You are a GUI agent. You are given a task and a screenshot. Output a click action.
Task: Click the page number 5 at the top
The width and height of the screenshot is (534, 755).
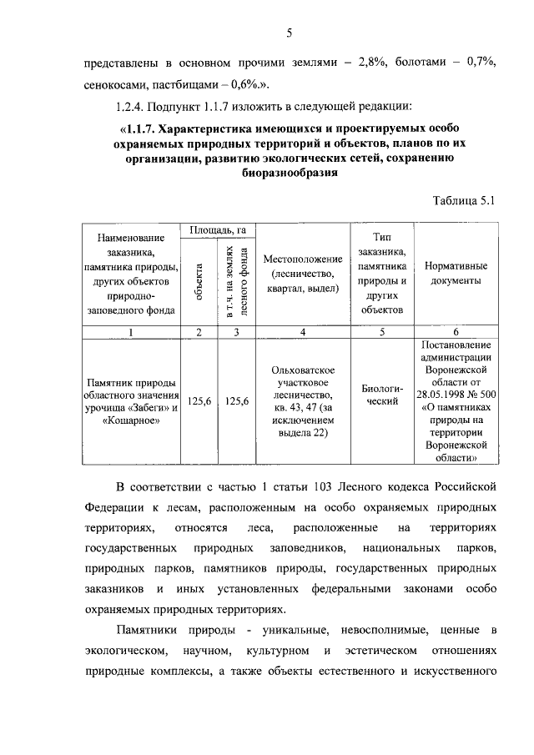pos(289,33)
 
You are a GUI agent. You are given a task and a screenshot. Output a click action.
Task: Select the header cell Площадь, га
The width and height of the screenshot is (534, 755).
pos(217,229)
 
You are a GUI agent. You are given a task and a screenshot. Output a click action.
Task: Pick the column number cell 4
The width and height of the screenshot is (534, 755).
pos(303,332)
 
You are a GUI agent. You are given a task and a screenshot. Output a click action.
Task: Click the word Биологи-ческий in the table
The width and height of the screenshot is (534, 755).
pos(381,395)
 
